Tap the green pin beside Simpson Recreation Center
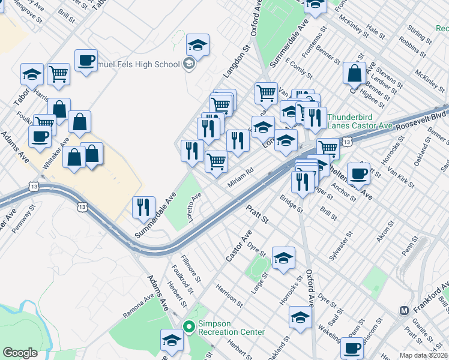[189, 327]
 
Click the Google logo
[20, 353]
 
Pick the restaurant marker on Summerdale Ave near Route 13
[143, 207]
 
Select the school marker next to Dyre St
[283, 257]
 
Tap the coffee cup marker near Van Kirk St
[358, 173]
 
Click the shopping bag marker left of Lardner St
[355, 73]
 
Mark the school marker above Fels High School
[197, 44]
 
